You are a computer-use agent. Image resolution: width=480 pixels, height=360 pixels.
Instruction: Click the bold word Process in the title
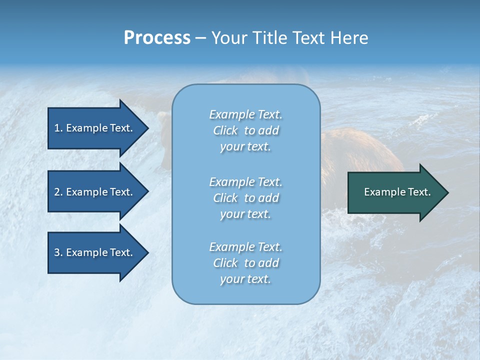point(157,38)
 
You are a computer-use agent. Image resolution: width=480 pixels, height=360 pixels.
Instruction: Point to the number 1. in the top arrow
point(58,128)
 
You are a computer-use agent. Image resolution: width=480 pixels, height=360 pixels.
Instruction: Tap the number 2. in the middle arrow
point(58,192)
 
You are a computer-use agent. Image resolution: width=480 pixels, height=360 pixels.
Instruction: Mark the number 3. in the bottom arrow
point(58,252)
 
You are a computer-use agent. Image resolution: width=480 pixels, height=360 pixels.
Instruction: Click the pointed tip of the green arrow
point(446,192)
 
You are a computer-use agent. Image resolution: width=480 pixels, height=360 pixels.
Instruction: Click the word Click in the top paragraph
point(225,130)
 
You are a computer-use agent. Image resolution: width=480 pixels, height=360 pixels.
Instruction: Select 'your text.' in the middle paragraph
point(245,214)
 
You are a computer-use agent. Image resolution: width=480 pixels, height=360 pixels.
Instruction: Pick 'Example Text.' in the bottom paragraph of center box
point(245,247)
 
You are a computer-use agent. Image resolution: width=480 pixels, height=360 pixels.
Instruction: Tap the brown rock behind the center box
point(360,150)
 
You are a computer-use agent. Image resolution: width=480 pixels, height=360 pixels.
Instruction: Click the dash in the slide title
point(200,38)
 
